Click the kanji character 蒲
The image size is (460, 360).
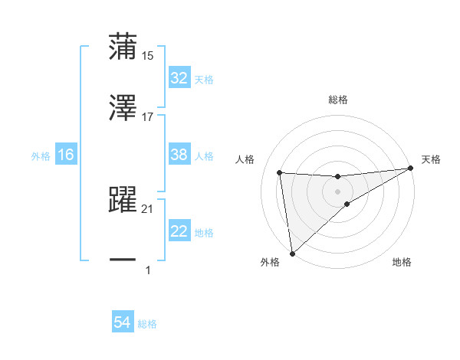coord(123,46)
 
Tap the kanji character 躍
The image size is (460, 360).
coord(123,200)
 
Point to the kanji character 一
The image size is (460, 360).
coord(123,260)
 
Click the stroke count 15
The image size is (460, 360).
coord(148,55)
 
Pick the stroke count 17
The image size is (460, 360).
coord(148,117)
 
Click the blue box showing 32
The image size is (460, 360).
coord(179,78)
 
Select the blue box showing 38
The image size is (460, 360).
coord(179,155)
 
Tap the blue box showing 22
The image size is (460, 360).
coord(179,232)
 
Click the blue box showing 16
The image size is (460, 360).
coord(66,155)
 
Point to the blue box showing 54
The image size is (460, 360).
coord(123,323)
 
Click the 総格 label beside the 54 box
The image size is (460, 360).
coord(147,324)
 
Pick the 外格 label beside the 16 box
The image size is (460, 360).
coord(41,156)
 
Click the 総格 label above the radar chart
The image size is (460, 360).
coord(338,100)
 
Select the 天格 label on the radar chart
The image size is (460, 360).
coord(432,159)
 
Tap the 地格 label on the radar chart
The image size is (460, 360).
coord(402,262)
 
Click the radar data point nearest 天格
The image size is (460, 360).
coord(411,169)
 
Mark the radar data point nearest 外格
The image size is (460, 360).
coord(292,253)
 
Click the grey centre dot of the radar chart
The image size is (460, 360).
coord(338,191)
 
